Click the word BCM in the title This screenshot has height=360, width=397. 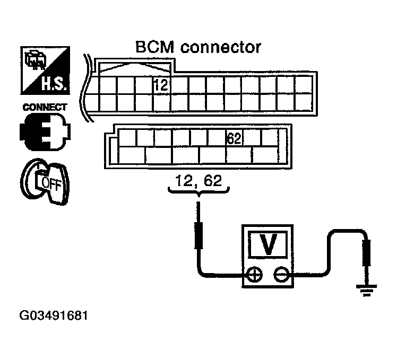click(154, 47)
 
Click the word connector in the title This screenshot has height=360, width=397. click(221, 47)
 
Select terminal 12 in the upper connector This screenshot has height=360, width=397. click(162, 84)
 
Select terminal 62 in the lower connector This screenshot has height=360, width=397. click(234, 138)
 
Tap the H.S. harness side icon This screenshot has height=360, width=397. click(44, 70)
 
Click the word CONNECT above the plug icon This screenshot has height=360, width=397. click(45, 107)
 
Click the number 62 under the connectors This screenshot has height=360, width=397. click(214, 182)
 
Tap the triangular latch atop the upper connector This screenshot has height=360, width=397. click(133, 68)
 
